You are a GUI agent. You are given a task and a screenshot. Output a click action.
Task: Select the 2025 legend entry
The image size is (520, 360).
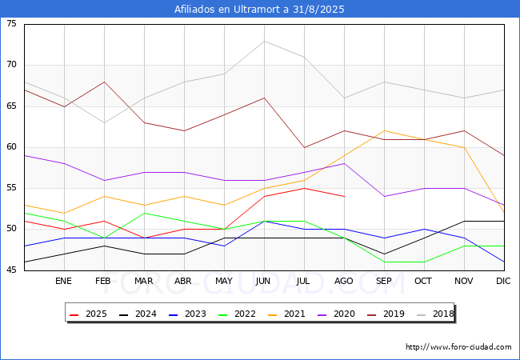click(88, 314)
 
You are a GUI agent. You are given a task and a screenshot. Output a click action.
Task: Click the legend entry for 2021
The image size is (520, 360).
click(286, 314)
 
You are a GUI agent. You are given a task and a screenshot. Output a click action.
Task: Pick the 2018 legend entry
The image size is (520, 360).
click(435, 314)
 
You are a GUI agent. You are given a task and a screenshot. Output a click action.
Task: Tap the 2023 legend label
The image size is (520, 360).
click(187, 314)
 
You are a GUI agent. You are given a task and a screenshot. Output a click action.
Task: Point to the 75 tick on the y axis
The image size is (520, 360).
click(11, 23)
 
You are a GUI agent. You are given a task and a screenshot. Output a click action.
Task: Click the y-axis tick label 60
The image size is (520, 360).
click(11, 147)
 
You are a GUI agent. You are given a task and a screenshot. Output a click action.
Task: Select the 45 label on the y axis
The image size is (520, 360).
click(11, 270)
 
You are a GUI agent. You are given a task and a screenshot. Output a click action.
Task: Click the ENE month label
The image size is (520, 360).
click(63, 281)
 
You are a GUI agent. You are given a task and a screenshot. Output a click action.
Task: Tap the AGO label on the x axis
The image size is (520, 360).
click(343, 281)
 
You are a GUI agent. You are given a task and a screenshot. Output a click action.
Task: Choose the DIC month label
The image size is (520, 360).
click(503, 281)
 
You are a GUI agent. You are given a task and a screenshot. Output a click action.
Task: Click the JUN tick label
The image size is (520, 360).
click(263, 281)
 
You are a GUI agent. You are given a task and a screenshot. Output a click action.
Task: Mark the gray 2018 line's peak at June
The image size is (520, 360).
click(264, 41)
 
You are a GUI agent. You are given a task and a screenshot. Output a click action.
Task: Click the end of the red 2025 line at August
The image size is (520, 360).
click(344, 197)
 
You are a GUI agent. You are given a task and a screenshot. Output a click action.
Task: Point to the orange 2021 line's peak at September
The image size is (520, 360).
click(384, 131)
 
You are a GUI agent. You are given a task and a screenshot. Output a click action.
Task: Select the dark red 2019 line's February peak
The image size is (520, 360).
click(105, 82)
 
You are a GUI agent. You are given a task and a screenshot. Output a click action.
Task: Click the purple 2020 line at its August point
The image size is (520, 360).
click(344, 163)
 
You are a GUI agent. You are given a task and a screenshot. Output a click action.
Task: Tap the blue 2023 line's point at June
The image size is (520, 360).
click(264, 221)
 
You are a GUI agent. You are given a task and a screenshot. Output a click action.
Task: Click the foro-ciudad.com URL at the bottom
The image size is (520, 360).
click(458, 347)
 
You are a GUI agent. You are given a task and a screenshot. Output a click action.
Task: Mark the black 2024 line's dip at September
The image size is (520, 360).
click(384, 254)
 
